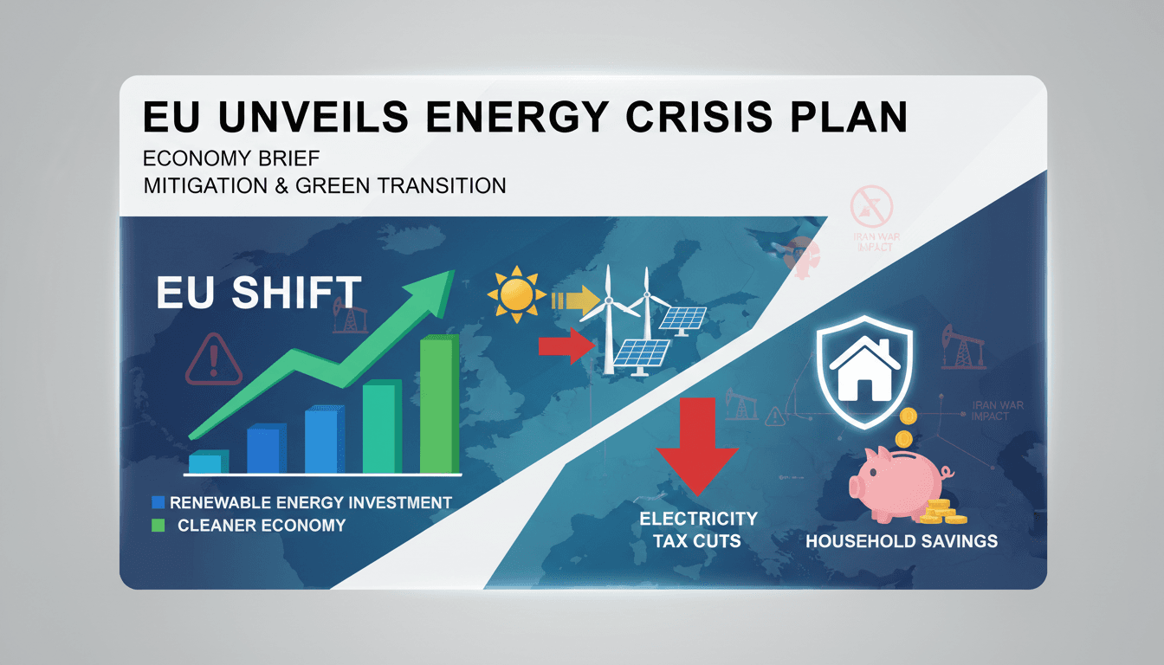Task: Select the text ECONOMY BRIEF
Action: (x=230, y=159)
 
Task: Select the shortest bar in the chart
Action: (x=208, y=462)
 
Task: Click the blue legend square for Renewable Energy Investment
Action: (x=158, y=502)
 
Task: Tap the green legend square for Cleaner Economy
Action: (x=158, y=525)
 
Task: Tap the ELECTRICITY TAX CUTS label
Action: (x=698, y=529)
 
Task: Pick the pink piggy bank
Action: (x=897, y=481)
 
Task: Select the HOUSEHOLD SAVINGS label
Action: (x=901, y=541)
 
